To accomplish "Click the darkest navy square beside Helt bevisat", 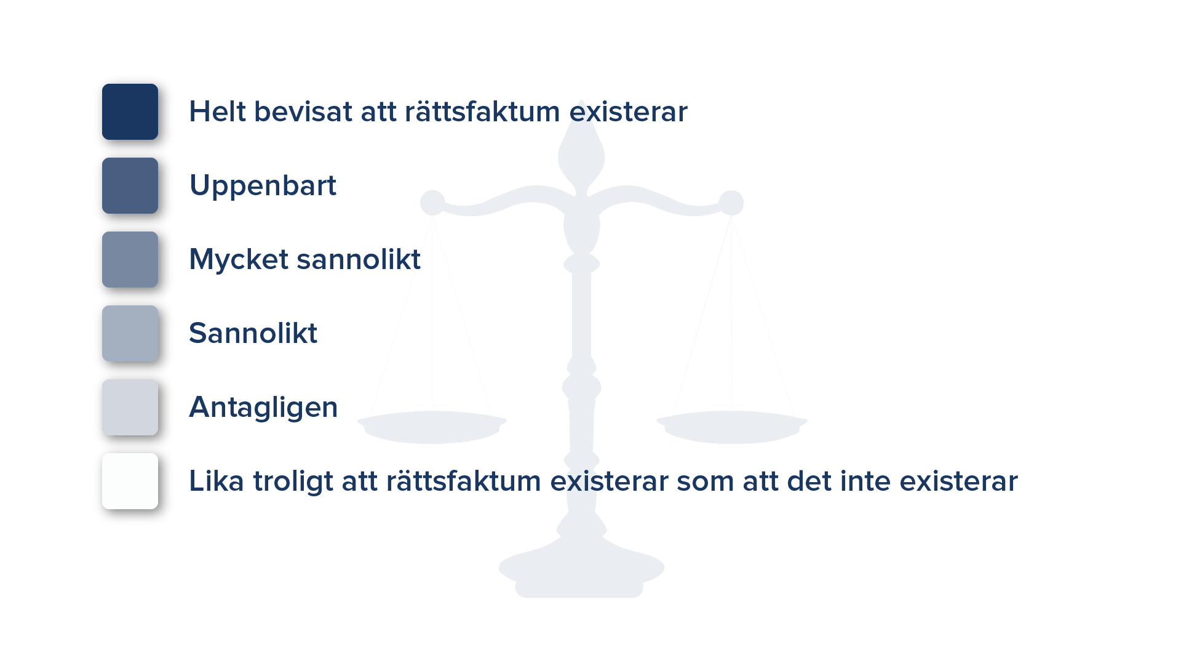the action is [x=130, y=111].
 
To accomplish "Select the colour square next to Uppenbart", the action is [x=130, y=185].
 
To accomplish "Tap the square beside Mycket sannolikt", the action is [x=130, y=259].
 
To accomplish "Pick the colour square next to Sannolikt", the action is [x=130, y=333].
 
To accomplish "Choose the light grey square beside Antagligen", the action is [x=130, y=407].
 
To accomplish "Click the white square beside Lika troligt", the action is [x=130, y=481].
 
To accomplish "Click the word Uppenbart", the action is [x=263, y=186].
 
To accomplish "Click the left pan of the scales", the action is [x=432, y=427].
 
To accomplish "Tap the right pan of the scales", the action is [x=732, y=427].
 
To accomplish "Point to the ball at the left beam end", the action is [x=432, y=203].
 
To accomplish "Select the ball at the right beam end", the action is [x=731, y=203].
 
